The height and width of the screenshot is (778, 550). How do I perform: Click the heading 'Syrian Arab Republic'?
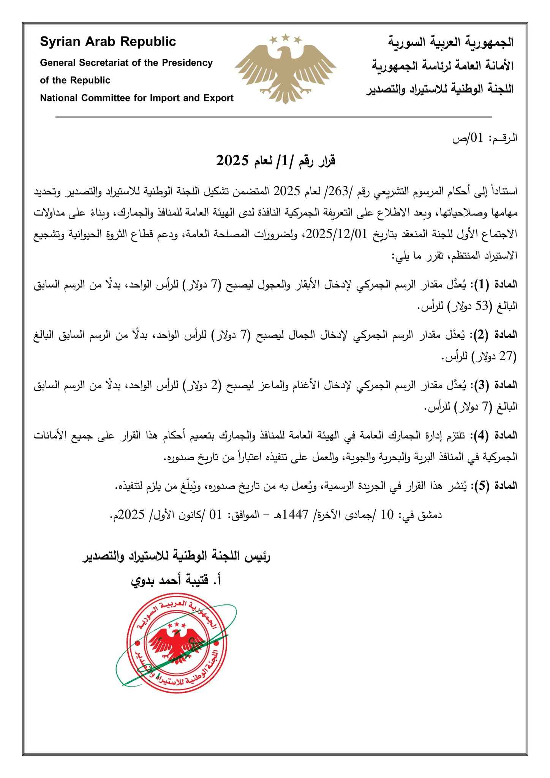(108, 41)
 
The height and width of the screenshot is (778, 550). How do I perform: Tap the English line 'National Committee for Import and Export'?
(137, 98)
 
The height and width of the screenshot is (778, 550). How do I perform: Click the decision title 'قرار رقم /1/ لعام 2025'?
(276, 161)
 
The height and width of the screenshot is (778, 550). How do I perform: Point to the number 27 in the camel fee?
(506, 356)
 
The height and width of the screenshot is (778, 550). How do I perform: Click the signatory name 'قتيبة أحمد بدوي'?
(176, 581)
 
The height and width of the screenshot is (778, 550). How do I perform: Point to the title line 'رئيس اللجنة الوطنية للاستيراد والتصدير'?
(176, 557)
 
